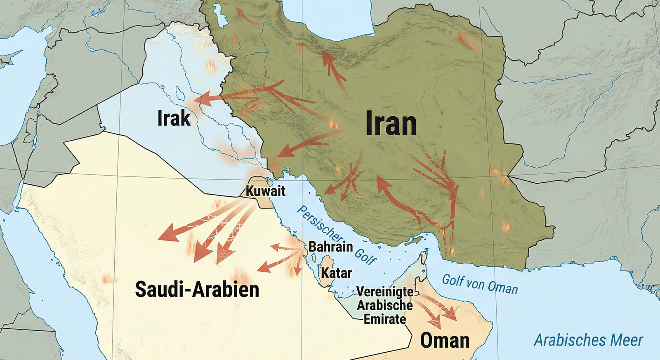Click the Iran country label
coord(391,124)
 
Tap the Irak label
coord(174,118)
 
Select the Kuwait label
coord(265,191)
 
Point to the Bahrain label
coord(330,247)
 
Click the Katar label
coord(336,273)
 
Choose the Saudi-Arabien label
coord(197,289)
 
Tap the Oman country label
coord(445,341)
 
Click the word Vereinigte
coord(384,292)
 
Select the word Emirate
coord(384,319)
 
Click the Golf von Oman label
coord(479,284)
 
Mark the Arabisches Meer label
coord(588,340)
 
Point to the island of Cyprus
coord(12,56)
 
